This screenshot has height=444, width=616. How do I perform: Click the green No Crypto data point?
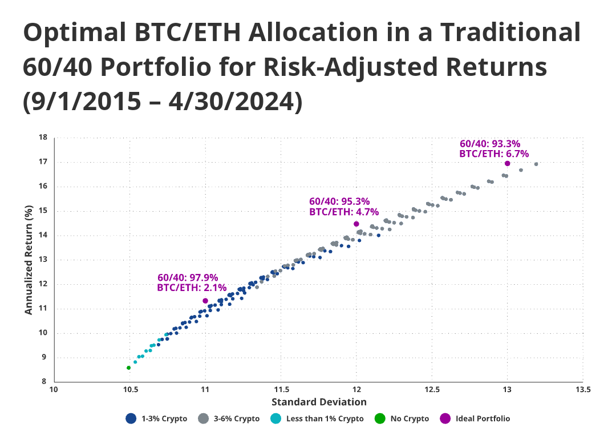[x=128, y=368]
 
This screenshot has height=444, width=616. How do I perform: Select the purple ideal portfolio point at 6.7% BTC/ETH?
[x=508, y=164]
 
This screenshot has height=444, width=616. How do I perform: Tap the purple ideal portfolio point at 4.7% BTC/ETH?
[x=356, y=224]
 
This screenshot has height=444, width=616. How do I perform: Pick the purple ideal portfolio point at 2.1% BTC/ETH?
[x=205, y=301]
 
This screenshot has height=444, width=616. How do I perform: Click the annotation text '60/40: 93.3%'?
[x=490, y=144]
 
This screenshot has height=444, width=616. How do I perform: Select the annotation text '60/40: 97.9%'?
[x=188, y=277]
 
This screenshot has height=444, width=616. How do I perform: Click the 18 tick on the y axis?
[x=43, y=138]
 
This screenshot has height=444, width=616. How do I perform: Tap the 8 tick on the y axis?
[x=46, y=382]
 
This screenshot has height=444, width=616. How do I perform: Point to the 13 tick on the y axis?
[x=43, y=260]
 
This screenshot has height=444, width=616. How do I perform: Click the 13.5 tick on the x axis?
[x=583, y=390]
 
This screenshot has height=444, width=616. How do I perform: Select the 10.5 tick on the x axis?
[x=130, y=390]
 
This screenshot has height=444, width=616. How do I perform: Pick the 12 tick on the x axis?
[x=356, y=390]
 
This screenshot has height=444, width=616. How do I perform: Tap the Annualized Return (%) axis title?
[x=29, y=260]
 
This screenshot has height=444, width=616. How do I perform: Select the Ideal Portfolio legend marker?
[x=445, y=418]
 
